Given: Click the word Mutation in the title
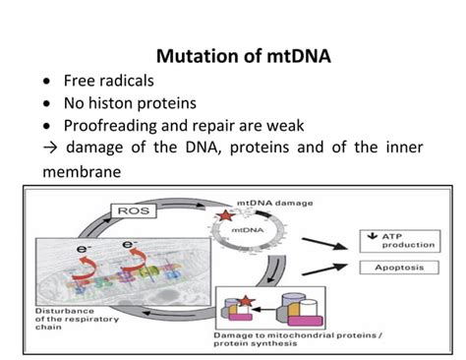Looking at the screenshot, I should tap(198, 57).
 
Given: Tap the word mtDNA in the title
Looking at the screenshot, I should tap(293, 57).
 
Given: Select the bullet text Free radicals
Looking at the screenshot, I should tap(109, 82).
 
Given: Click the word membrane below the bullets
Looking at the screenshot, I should tap(75, 171).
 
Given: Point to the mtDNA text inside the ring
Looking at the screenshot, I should tap(247, 232).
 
